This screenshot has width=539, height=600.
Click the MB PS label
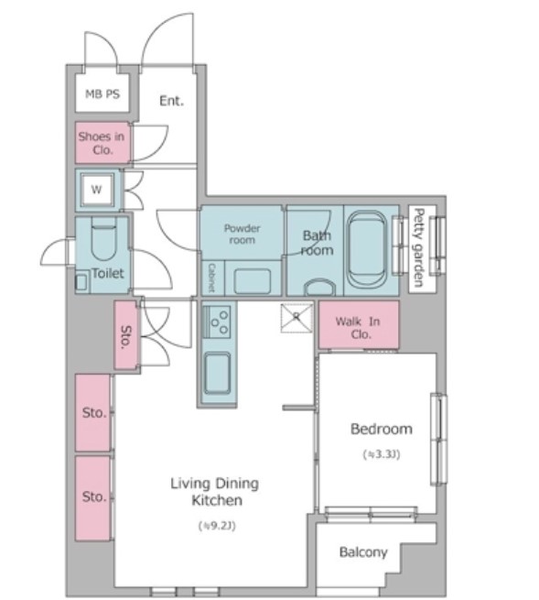[102, 93]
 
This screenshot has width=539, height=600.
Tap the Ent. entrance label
[171, 101]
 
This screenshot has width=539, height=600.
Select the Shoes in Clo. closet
[102, 143]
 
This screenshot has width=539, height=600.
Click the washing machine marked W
[97, 190]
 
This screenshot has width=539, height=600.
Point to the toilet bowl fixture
[103, 242]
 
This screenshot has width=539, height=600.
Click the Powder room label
[242, 235]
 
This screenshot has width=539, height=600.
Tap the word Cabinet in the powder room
[211, 278]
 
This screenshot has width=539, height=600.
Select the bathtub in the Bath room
[367, 249]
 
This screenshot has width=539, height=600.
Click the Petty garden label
[419, 247]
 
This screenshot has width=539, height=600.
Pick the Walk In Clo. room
[359, 324]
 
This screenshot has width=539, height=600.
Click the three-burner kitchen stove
[217, 322]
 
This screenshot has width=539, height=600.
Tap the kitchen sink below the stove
[218, 373]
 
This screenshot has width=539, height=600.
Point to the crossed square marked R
[296, 318]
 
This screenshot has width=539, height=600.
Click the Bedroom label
[382, 429]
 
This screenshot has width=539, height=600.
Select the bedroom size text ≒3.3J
[382, 454]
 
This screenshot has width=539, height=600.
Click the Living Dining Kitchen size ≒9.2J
[217, 526]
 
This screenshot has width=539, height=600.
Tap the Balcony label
[363, 552]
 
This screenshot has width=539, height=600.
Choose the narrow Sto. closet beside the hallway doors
[125, 335]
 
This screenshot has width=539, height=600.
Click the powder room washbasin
[253, 281]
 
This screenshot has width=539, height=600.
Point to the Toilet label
[108, 273]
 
